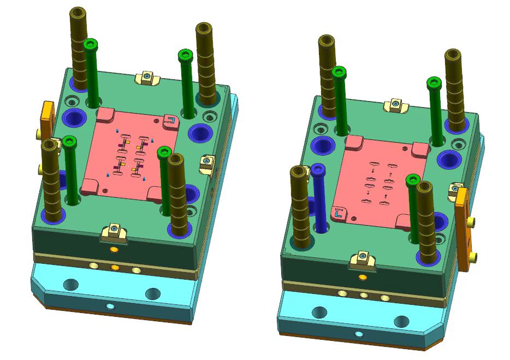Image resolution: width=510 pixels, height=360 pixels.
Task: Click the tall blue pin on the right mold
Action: coord(320,202)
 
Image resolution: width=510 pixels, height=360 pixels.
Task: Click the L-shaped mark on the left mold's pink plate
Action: coord(171,120)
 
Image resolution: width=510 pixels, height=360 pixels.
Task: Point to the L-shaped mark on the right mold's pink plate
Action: coord(339,211)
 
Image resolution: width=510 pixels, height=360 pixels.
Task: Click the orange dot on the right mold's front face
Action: coord(361,278)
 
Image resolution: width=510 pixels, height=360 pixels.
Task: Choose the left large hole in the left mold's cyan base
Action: coord(70,284)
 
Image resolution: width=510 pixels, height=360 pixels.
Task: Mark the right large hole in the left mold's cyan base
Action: coord(153,294)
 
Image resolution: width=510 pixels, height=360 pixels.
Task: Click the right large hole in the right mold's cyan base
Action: coord(401,321)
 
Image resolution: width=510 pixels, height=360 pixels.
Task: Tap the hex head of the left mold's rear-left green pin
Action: coord(91,44)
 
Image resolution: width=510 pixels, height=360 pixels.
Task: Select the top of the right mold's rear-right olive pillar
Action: coord(454,54)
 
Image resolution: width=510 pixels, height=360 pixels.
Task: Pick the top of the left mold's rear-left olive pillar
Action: coord(78,12)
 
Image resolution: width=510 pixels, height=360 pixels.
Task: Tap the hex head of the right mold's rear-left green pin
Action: coord(339,71)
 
